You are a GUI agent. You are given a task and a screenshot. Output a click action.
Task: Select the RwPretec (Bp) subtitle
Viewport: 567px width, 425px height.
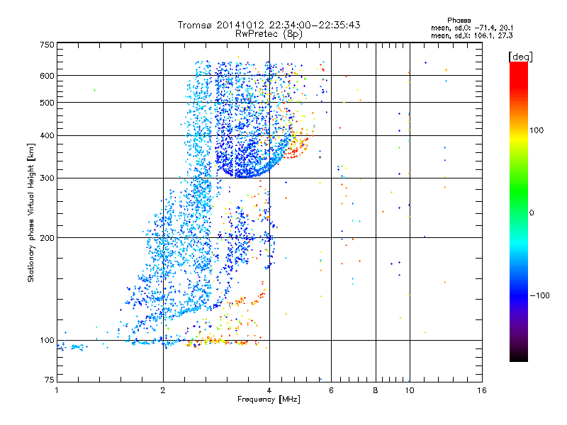[269, 33]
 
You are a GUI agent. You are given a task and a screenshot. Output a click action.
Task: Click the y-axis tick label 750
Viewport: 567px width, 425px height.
[47, 44]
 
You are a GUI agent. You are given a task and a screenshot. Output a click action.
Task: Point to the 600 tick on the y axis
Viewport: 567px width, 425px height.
[47, 75]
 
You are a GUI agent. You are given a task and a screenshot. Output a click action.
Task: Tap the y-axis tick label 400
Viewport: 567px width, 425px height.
[47, 135]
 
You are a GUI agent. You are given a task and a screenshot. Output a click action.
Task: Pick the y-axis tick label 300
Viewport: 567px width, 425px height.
[47, 178]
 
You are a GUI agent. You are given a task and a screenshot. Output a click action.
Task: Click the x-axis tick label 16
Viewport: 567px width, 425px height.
[481, 390]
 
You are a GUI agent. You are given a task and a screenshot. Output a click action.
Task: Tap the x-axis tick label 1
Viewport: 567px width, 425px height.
[57, 390]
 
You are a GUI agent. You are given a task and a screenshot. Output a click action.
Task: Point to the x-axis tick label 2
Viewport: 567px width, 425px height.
[163, 390]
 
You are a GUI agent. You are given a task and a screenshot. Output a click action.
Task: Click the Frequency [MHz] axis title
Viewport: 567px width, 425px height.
[269, 400]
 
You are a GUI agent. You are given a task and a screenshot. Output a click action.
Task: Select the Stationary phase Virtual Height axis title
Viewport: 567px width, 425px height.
[32, 212]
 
